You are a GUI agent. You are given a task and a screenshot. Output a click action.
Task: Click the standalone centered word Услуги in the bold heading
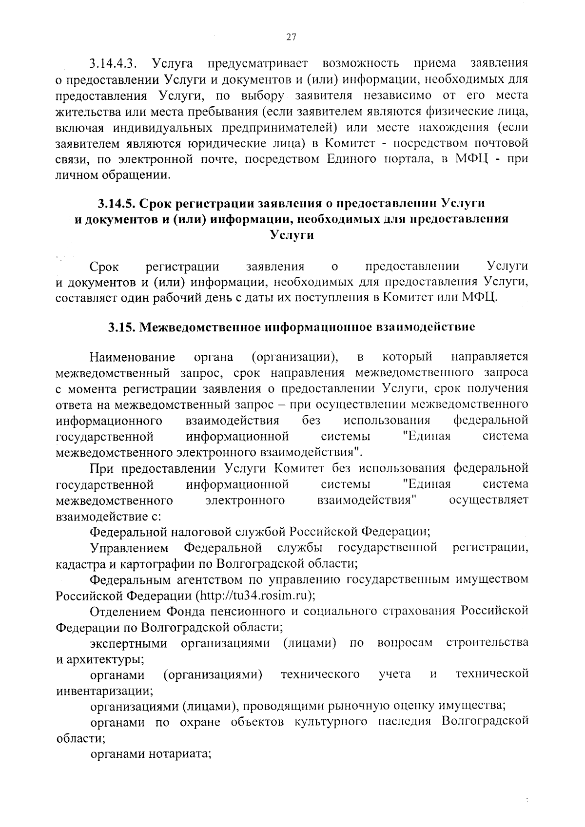point(292,235)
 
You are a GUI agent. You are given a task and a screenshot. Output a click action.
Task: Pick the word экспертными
point(129,642)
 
